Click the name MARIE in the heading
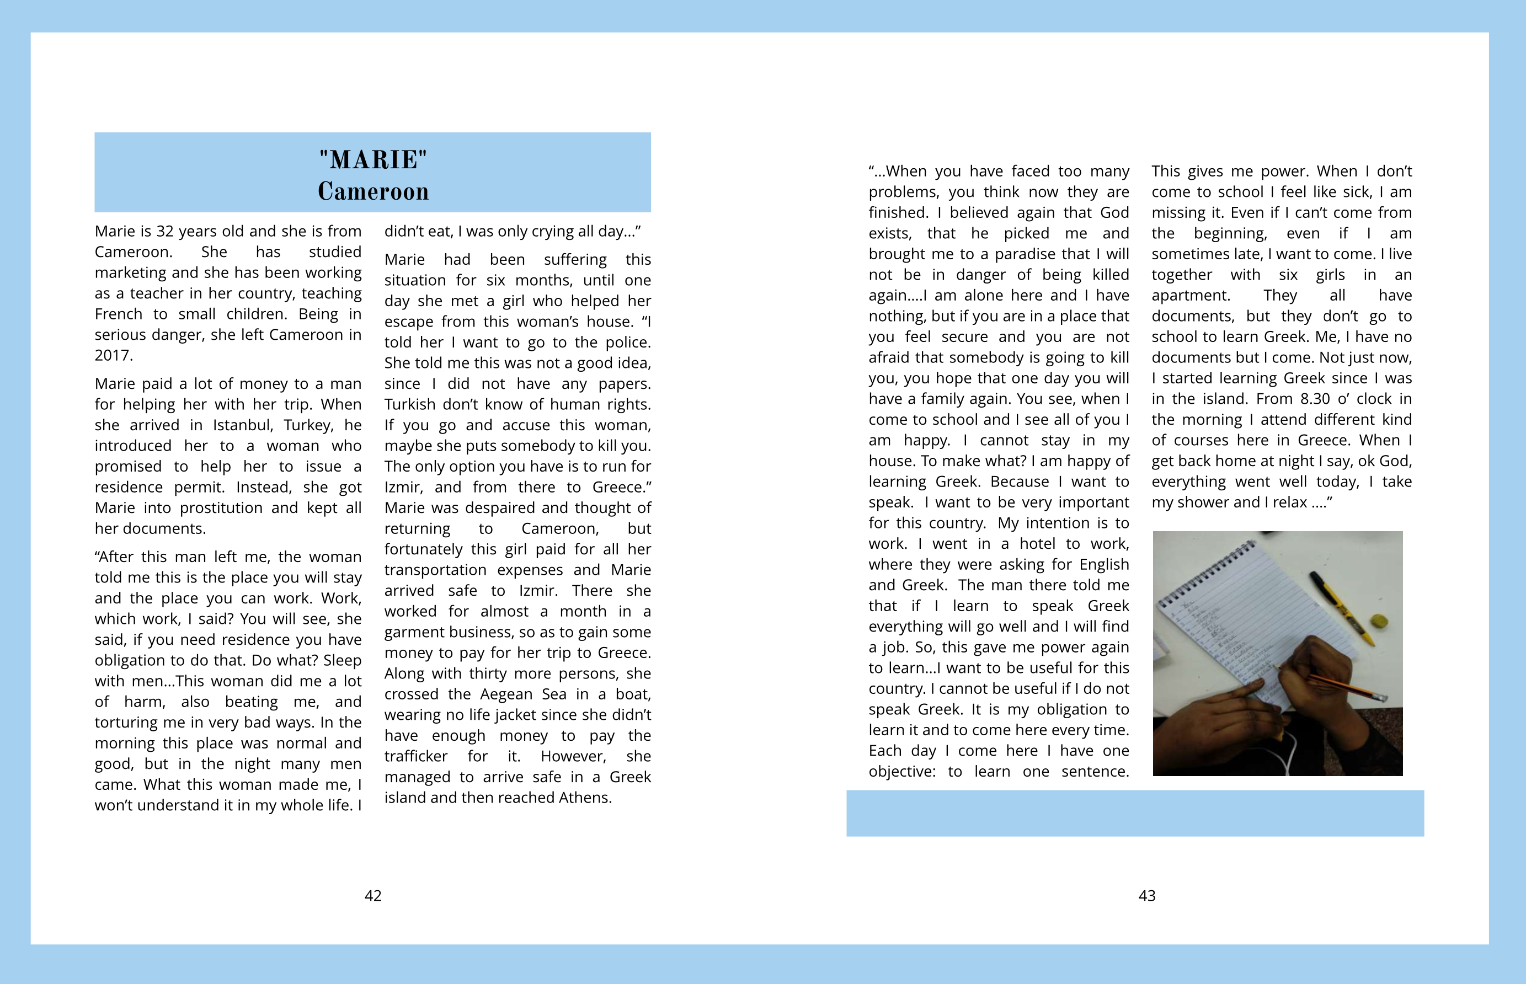pos(373,160)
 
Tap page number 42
pos(373,896)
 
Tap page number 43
pos(1147,896)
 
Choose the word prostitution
pos(221,508)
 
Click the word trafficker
pos(416,757)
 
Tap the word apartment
pos(1191,296)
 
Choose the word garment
pos(414,633)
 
